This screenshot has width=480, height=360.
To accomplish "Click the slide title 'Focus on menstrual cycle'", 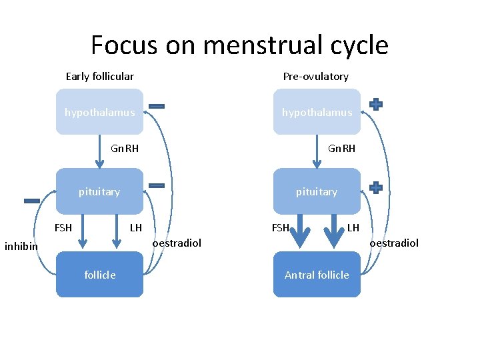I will [x=239, y=45].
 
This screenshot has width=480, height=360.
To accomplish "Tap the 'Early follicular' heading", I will [x=99, y=76].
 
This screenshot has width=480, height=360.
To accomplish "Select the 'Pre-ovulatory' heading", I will [x=315, y=76].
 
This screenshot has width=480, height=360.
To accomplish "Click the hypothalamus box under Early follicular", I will [x=99, y=112].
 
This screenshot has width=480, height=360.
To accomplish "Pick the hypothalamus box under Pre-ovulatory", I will [x=317, y=112].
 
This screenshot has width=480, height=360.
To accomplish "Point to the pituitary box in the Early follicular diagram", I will [x=99, y=191].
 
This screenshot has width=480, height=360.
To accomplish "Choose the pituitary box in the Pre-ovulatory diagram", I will [x=317, y=191].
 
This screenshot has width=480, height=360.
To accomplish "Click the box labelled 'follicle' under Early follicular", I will [x=99, y=274].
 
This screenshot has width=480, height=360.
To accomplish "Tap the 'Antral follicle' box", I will [x=317, y=274].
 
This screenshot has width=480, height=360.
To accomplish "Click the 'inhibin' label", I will [x=21, y=247].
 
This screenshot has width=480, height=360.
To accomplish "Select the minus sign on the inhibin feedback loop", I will [x=31, y=201].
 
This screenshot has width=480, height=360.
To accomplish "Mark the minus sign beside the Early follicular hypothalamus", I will [x=157, y=106].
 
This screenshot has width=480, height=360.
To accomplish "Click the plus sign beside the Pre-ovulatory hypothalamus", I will [x=376, y=104].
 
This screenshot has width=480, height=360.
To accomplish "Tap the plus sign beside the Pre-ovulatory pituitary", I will [x=376, y=187].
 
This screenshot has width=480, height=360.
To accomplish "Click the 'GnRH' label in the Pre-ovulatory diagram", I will [x=341, y=148].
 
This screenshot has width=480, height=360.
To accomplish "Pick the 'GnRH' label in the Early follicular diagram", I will [x=125, y=148].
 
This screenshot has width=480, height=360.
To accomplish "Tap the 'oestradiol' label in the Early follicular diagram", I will [x=177, y=243].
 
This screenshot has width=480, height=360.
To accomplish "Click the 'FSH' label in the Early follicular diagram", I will [x=63, y=227].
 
